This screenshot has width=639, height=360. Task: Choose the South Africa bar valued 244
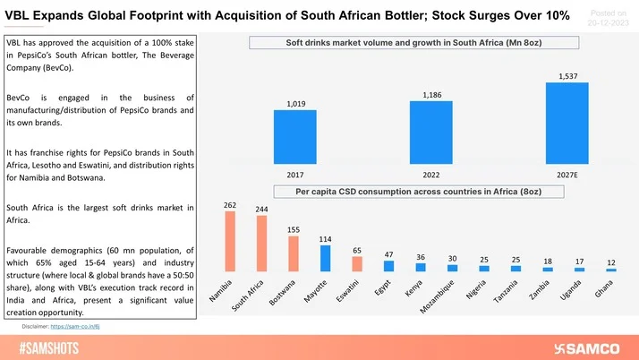(261, 243)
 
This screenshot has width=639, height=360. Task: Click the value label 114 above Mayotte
(325, 239)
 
